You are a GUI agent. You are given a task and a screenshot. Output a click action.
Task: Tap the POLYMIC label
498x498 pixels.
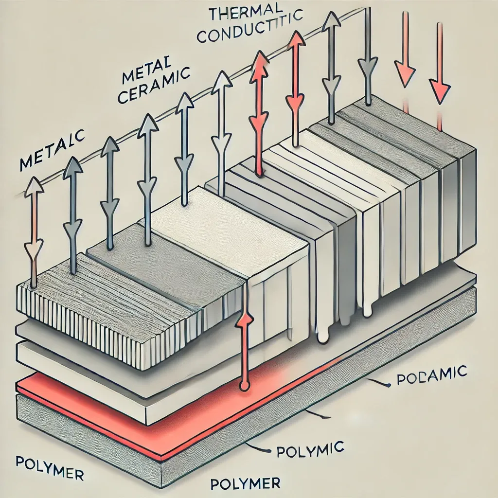[310, 448]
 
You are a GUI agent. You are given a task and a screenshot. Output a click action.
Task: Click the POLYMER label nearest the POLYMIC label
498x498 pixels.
[246, 484]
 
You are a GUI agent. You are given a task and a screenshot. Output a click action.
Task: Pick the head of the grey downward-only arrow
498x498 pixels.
[368, 66]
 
